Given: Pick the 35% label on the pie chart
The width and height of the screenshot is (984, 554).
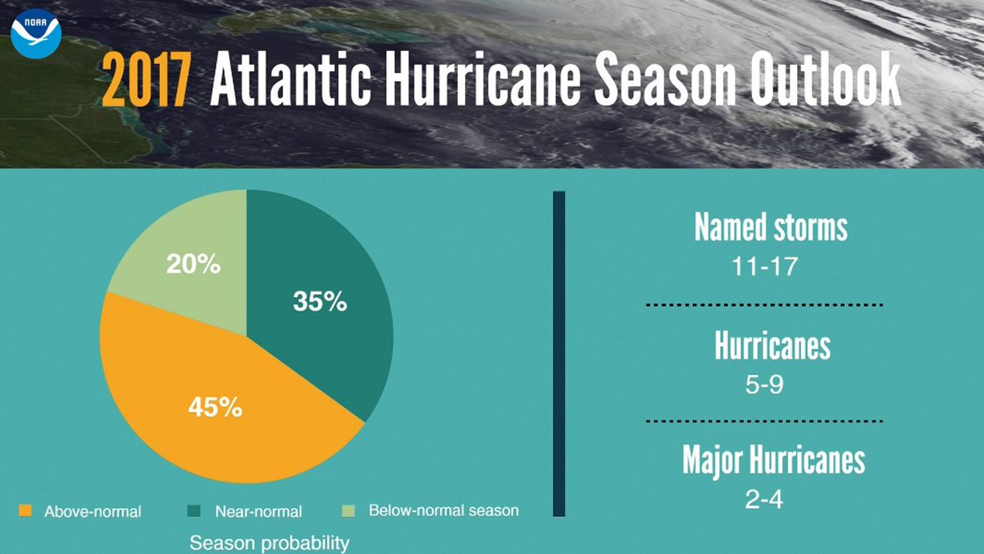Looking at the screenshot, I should pyautogui.click(x=320, y=302).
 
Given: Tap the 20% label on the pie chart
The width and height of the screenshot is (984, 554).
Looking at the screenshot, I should pyautogui.click(x=193, y=265).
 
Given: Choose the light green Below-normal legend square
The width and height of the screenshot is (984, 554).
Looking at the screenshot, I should pyautogui.click(x=349, y=511).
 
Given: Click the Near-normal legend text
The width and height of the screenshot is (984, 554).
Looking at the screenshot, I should pyautogui.click(x=258, y=511).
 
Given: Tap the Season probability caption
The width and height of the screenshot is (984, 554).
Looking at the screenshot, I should pyautogui.click(x=269, y=543).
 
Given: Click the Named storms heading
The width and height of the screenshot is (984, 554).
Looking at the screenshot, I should pyautogui.click(x=771, y=227).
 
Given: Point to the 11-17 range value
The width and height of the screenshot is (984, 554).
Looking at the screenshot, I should pyautogui.click(x=763, y=267).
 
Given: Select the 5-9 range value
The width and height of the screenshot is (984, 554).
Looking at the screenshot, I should pyautogui.click(x=763, y=384).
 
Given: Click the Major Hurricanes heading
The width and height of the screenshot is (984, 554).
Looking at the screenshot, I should pyautogui.click(x=773, y=460).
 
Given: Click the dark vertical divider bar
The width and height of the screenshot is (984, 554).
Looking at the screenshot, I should pyautogui.click(x=559, y=353).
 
